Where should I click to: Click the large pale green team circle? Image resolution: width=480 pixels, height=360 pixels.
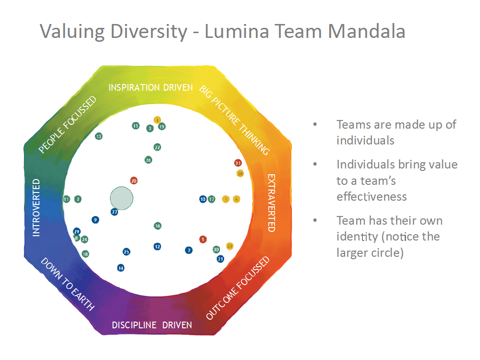[121, 198]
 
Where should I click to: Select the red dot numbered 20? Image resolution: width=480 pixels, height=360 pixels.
[134, 181]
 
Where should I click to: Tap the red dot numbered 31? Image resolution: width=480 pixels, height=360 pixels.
[237, 163]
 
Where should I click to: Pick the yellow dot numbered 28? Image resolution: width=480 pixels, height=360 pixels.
[240, 173]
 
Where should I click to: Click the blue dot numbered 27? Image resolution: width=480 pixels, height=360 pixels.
[114, 212]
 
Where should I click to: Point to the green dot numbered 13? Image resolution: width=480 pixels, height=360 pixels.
[99, 136]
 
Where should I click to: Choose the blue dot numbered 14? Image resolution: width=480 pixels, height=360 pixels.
[120, 268]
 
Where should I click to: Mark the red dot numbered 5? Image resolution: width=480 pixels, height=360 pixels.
[203, 239]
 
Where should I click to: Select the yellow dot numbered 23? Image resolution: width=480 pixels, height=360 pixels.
[229, 246]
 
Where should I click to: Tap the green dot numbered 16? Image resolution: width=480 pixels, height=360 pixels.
[157, 226]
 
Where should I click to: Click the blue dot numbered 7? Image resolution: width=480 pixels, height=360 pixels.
[189, 250]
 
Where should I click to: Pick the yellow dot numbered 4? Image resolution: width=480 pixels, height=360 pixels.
[157, 120]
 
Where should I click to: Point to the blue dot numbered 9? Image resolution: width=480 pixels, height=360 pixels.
[96, 220]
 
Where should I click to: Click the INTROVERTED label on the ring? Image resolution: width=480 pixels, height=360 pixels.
[36, 207]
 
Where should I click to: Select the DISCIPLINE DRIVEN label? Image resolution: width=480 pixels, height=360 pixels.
[152, 325]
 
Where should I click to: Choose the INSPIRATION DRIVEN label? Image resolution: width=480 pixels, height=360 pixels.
[150, 87]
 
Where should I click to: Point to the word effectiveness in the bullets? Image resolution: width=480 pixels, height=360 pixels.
[372, 197]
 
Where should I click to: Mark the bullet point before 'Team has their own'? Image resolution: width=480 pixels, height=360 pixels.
[315, 221]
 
